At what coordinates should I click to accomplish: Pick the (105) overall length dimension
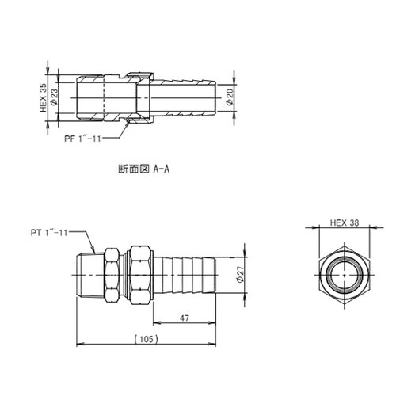pyautogui.click(x=145, y=337)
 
